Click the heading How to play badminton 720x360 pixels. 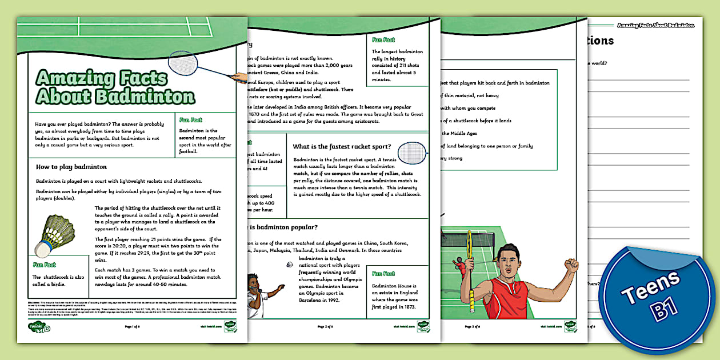[x=71, y=167]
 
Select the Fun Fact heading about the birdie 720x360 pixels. [x=44, y=265]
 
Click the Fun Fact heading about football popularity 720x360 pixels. [x=191, y=119]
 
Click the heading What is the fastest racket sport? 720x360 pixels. [x=342, y=146]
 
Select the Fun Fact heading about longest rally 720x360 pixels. [x=383, y=40]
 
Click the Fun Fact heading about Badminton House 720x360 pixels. [x=383, y=274]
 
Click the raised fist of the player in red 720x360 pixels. [x=570, y=264]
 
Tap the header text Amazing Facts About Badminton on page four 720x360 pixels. [x=655, y=25]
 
